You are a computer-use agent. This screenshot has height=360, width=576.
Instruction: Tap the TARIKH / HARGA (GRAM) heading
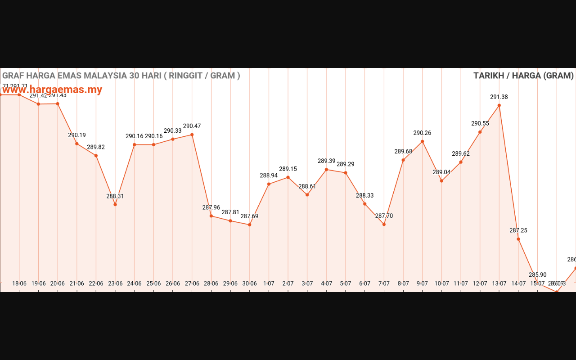523,76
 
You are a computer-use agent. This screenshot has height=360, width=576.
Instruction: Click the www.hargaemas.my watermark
52,90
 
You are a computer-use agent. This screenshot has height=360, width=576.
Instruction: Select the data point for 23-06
115,204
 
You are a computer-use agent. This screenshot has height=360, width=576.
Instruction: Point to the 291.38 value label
499,97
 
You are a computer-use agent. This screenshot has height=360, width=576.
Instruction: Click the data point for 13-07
499,105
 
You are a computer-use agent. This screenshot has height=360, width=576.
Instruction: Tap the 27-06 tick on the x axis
192,283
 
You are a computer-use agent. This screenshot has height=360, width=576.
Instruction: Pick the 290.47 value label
192,126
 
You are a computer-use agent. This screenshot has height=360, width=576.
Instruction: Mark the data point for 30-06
250,225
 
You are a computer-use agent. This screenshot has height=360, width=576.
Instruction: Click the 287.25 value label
518,230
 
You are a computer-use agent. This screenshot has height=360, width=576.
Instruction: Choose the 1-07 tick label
269,283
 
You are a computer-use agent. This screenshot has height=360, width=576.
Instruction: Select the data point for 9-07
423,141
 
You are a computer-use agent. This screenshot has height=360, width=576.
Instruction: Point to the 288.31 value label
115,196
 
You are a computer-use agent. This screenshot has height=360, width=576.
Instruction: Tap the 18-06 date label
19,283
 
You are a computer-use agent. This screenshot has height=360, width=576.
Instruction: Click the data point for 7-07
384,224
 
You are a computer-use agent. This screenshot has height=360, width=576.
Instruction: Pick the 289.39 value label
326,161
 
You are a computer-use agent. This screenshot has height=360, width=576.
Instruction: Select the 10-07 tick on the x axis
441,283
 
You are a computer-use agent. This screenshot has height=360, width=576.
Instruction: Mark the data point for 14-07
518,239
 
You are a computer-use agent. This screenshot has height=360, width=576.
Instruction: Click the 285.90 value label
537,274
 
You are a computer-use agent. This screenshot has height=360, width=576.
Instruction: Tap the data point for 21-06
77,144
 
